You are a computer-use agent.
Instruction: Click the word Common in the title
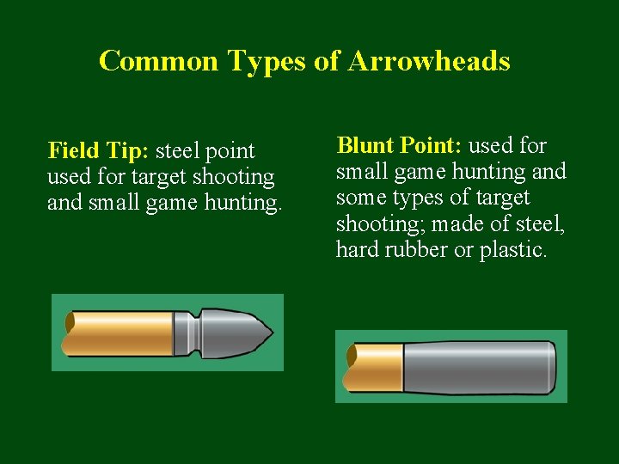click(160, 61)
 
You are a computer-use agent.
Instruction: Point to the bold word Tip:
click(126, 152)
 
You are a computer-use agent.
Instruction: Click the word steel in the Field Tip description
click(182, 151)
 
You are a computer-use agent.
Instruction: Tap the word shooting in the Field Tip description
click(235, 178)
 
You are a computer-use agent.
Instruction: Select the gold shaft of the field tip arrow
click(120, 333)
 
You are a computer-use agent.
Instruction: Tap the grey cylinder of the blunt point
click(477, 366)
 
